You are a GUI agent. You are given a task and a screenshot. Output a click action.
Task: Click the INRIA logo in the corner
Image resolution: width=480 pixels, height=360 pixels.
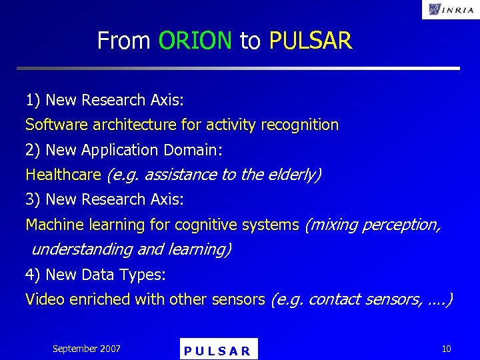click(450, 9)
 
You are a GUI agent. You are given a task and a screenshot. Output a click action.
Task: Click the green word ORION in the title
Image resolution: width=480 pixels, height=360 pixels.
click(195, 41)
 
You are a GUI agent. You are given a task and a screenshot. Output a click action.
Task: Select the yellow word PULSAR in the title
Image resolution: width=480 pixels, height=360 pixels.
click(310, 41)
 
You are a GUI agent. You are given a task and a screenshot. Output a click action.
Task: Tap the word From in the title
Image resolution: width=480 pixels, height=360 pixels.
click(123, 41)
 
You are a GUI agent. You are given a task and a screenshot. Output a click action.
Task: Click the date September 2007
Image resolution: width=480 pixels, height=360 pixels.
click(87, 349)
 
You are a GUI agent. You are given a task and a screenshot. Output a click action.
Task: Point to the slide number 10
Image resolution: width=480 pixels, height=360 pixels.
click(445, 349)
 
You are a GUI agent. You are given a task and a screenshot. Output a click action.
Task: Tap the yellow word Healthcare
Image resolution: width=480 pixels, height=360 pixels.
click(63, 175)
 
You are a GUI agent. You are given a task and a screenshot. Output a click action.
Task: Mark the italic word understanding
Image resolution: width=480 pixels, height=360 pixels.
click(82, 249)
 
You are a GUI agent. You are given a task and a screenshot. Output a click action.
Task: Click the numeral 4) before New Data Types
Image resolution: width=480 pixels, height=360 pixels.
click(33, 275)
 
